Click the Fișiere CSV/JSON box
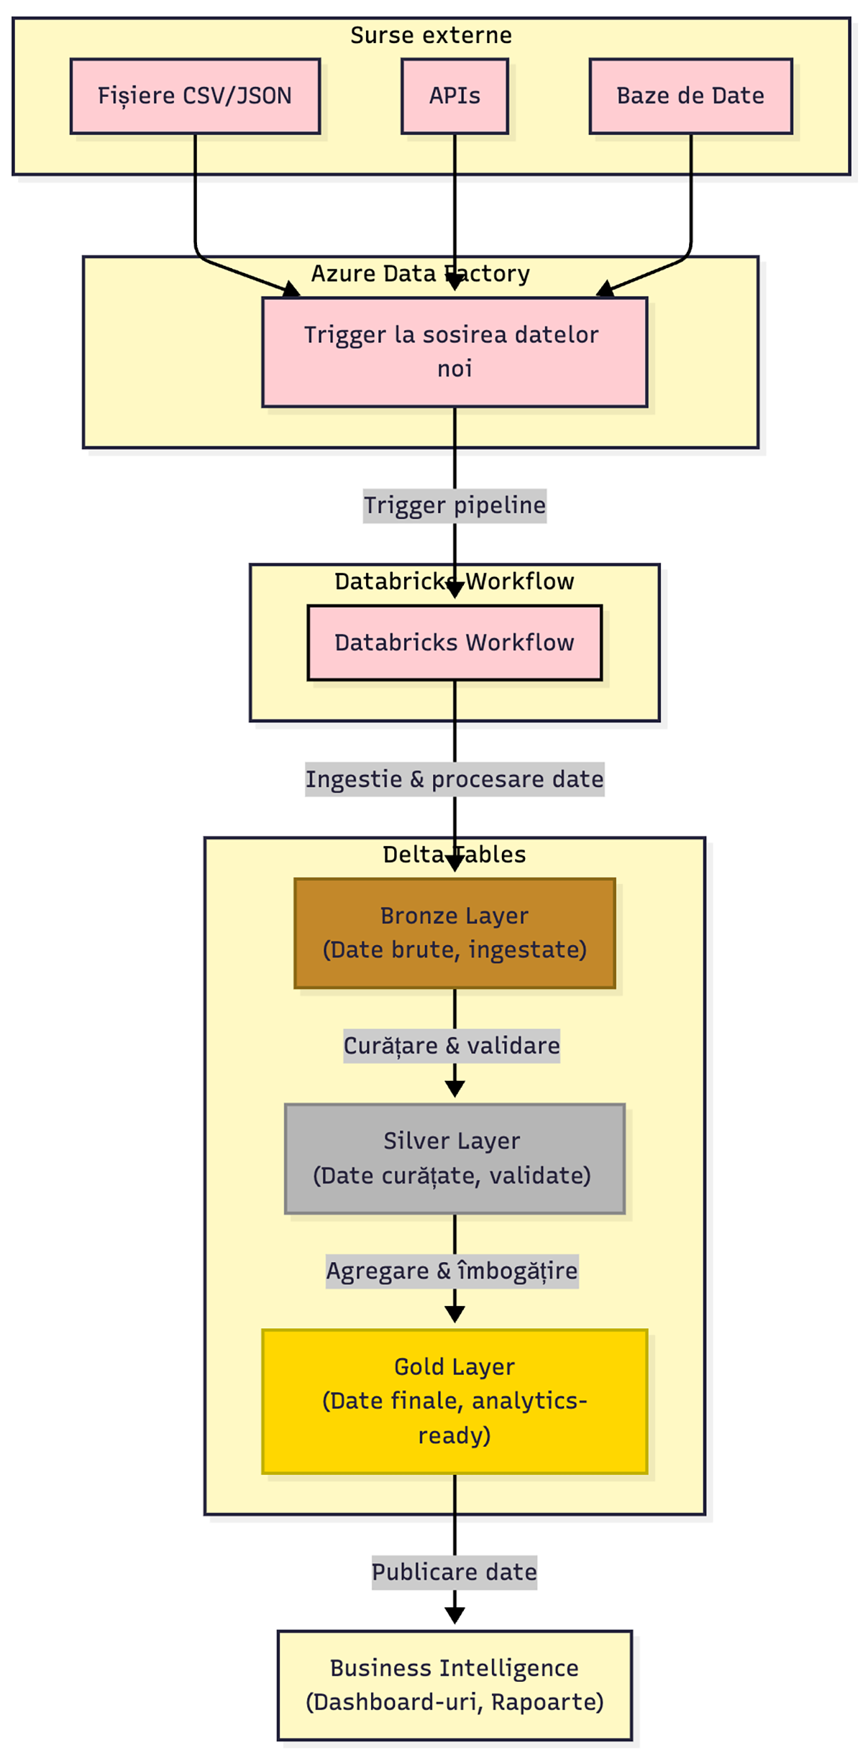pos(195,96)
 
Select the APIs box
pos(455,96)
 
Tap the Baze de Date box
pos(690,96)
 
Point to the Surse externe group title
pos(431,35)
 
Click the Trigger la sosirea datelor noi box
pos(455,351)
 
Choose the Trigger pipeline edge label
pos(455,505)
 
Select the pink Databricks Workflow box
pos(455,642)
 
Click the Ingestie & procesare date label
pos(455,779)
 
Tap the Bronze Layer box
pos(455,932)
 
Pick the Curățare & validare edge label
pos(452,1045)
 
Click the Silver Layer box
pos(455,1158)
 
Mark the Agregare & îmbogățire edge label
pos(452,1271)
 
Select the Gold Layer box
pos(455,1401)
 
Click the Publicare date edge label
pos(455,1572)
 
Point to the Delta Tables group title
pos(455,855)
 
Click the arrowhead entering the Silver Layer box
pos(455,1089)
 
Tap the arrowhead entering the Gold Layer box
pos(455,1315)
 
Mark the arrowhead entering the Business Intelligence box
pos(455,1615)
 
